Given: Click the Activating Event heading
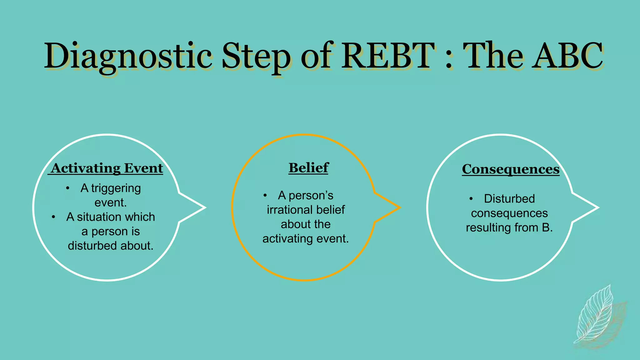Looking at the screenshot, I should coord(107,168).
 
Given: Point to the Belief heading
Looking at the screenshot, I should coord(308,168).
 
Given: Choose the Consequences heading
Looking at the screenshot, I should coord(511,169).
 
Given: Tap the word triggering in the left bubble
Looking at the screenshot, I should coord(116,188).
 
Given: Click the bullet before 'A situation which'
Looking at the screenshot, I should coord(54,217).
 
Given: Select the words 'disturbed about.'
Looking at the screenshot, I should coord(111,246).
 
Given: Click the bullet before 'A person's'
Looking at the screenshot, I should coord(265,196).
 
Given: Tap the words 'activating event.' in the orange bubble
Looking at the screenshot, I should coord(305,239).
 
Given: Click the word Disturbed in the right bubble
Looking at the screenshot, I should coord(509,199).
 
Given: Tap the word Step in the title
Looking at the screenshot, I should coord(256,56).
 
